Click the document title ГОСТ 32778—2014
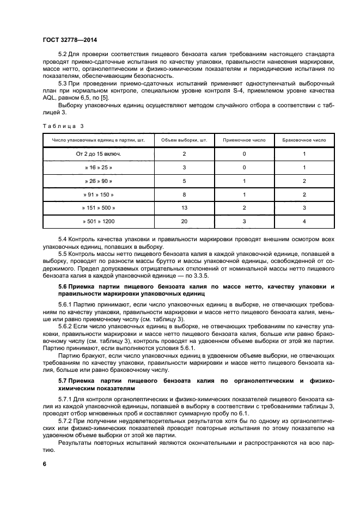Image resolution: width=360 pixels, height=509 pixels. [66, 40]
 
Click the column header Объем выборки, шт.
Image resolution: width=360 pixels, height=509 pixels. [185, 140]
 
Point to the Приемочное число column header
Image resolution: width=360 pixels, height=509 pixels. [245, 140]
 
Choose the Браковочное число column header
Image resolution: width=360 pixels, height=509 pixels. [304, 140]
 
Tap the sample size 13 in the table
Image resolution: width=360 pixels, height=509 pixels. [185, 208]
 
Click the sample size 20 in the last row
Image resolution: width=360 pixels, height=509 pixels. [185, 222]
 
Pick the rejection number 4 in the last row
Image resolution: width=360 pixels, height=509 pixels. [304, 222]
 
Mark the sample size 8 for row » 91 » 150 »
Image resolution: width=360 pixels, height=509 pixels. [185, 194]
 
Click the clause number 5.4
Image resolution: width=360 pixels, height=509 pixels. [63, 240]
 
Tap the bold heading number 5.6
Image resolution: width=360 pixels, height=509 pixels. [63, 286]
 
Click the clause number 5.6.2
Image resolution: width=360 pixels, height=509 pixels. [65, 325]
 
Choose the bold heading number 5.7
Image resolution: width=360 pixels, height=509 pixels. [63, 380]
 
